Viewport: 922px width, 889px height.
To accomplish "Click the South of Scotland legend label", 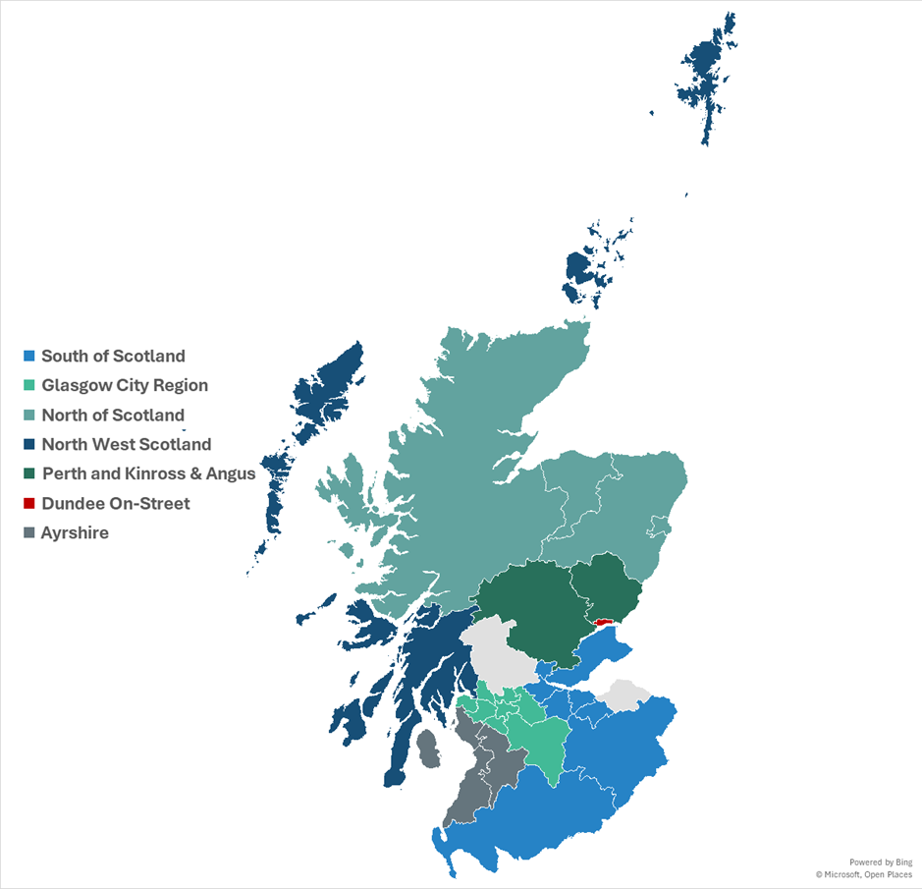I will click(113, 356).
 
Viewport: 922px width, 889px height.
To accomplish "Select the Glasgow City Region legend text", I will click(125, 385).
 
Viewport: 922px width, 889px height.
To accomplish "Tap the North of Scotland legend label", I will click(113, 415).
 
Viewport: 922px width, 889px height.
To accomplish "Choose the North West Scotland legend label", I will click(126, 444).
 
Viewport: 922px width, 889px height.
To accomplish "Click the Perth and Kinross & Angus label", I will click(148, 473).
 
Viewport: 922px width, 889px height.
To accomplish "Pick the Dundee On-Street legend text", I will click(115, 503).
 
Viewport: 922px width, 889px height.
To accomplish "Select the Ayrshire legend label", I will click(75, 532).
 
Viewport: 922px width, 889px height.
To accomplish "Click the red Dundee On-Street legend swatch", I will click(29, 503).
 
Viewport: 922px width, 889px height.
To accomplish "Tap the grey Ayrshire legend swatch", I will click(29, 532).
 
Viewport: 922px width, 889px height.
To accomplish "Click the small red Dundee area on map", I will click(603, 621).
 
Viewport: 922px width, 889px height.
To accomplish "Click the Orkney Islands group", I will click(589, 265).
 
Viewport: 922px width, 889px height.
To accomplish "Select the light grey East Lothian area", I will click(624, 695).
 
